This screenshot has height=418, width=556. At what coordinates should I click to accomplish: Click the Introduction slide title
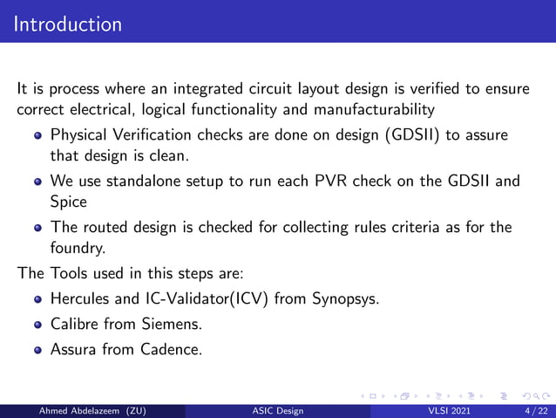pos(68,24)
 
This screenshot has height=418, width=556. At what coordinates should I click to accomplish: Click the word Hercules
pos(81,298)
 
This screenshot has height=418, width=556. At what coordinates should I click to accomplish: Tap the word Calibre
pos(75,325)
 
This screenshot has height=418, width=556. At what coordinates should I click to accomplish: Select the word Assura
pos(75,351)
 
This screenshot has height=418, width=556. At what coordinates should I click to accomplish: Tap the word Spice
pos(69,201)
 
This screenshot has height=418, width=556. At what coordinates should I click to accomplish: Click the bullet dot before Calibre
pos(37,325)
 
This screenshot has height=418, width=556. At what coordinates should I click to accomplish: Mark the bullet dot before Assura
pos(37,352)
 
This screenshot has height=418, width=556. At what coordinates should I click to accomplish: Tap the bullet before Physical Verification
pos(37,137)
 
